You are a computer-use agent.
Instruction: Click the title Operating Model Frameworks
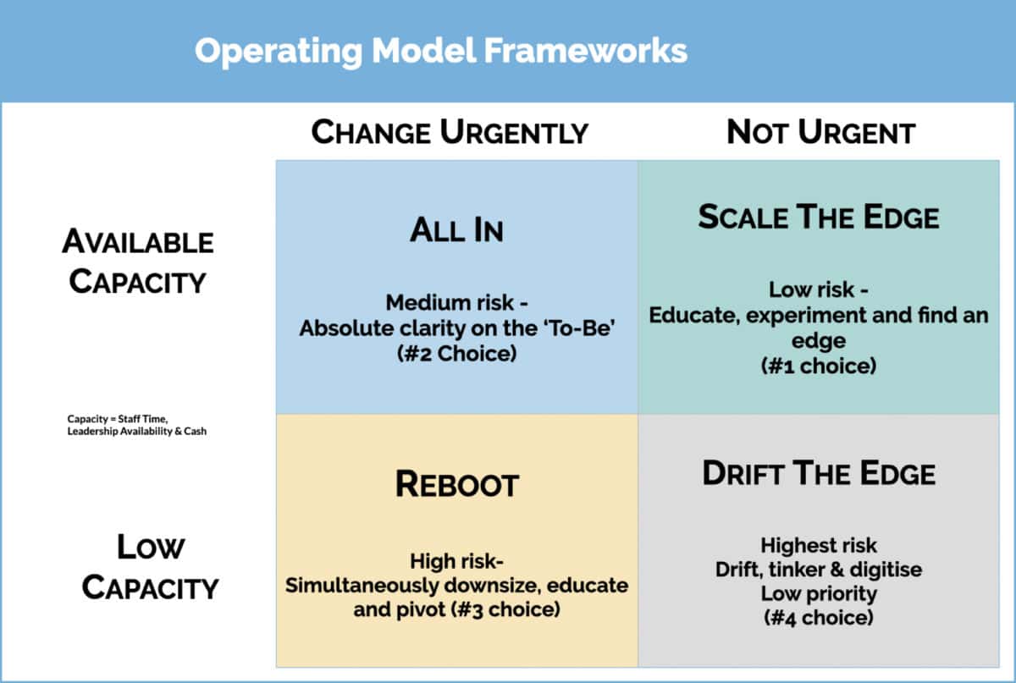tap(440, 51)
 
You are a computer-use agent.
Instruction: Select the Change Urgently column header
tap(450, 133)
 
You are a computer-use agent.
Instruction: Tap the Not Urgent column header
tap(820, 133)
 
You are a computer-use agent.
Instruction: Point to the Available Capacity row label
tap(137, 262)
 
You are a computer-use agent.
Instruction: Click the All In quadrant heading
tap(456, 231)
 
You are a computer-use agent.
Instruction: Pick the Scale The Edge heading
tap(818, 218)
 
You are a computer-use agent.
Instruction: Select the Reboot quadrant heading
tap(456, 485)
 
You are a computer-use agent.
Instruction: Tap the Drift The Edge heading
tap(818, 473)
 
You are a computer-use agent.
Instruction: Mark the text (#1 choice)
tap(818, 367)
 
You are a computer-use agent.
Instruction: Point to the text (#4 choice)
tap(818, 617)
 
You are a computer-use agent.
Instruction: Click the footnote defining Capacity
tap(136, 425)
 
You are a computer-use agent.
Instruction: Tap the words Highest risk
tap(818, 545)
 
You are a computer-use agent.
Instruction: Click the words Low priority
tap(818, 593)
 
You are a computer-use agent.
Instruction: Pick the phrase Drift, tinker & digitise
tap(818, 570)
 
